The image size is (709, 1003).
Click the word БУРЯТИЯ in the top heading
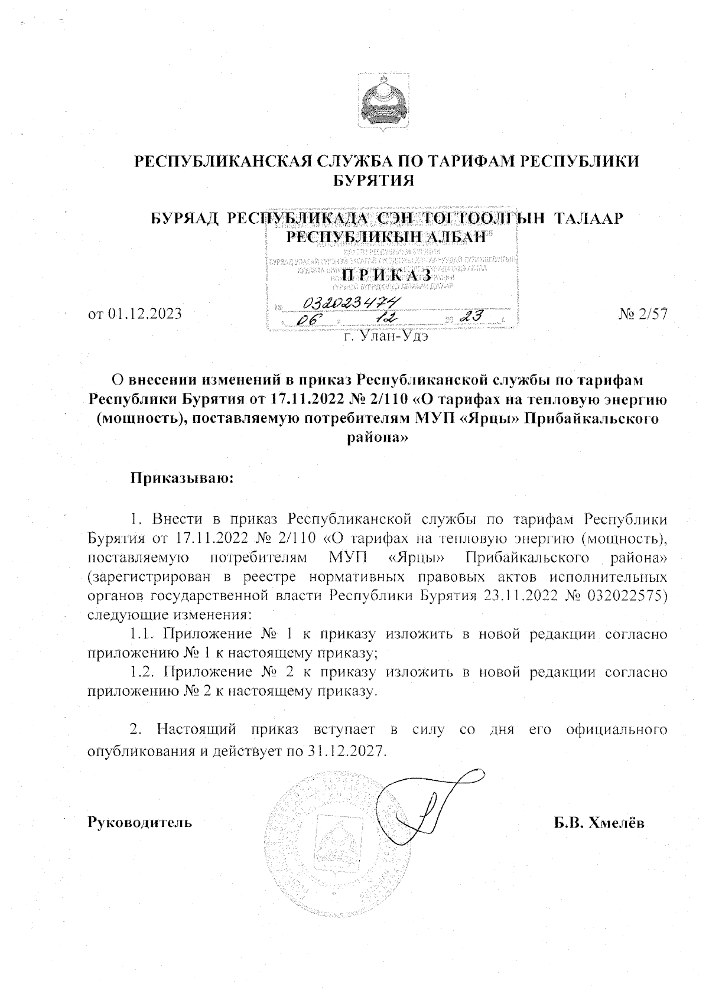374,181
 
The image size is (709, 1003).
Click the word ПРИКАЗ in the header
387,276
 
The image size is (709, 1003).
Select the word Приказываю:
183,477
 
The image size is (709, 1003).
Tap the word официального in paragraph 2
617,730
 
